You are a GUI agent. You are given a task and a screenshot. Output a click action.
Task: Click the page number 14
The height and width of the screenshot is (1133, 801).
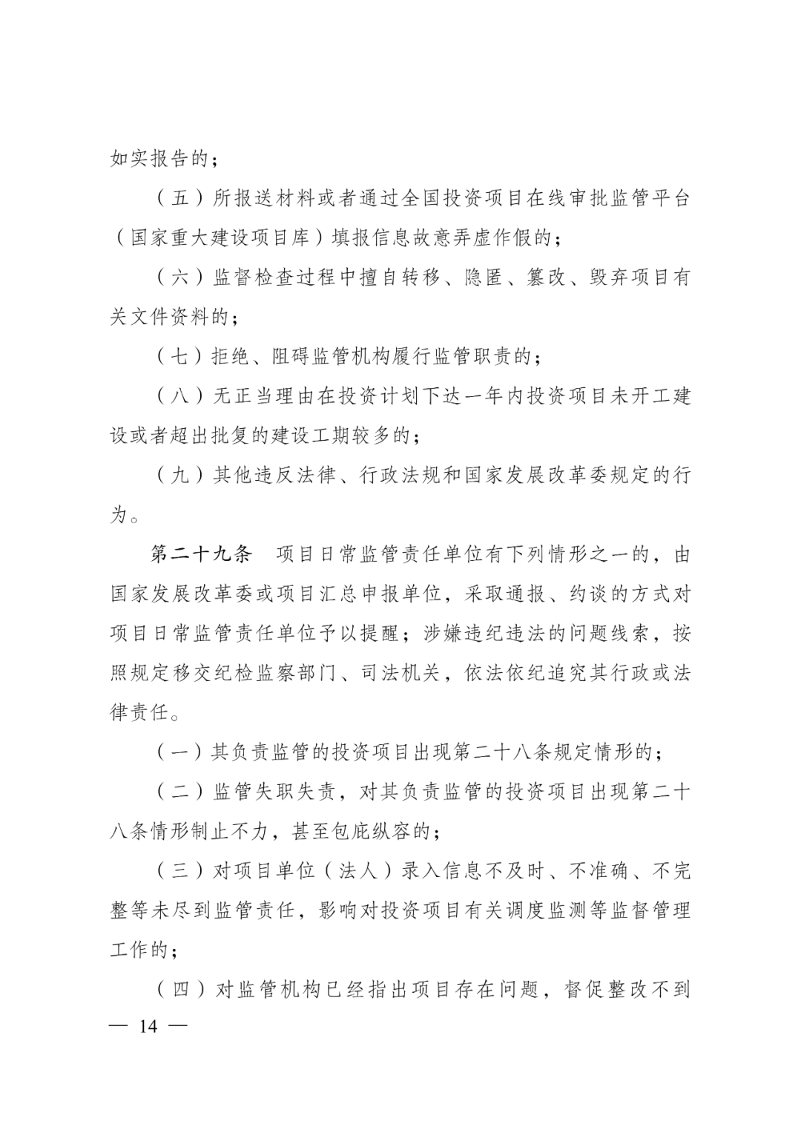pyautogui.click(x=148, y=1028)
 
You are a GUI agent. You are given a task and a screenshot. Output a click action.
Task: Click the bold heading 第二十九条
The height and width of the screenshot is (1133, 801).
pyautogui.click(x=202, y=555)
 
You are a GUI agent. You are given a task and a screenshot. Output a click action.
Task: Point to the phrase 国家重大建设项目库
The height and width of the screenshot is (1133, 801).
pyautogui.click(x=225, y=239)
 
